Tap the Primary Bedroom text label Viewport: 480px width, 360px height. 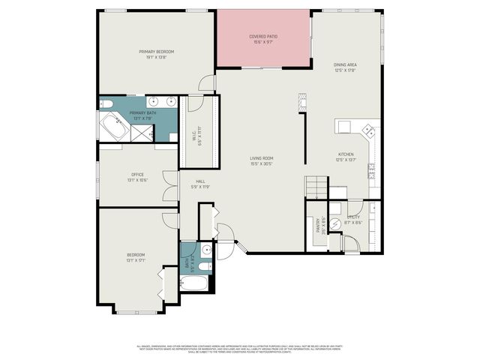point(156,52)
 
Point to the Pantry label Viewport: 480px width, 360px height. point(319,226)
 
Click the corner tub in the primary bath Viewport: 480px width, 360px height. point(115,127)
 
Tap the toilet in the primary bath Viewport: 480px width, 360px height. point(106,103)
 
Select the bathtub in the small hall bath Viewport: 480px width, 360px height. point(196,283)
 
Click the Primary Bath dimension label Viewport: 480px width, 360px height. point(142,117)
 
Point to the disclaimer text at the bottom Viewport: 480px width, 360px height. point(240,348)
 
